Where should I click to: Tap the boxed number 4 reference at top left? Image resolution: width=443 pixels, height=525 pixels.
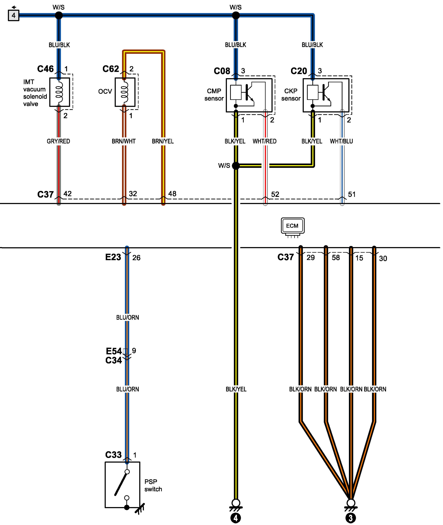(14, 16)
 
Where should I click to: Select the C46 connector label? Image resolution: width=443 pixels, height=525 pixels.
(45, 69)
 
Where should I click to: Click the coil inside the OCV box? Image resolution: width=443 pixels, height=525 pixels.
(124, 92)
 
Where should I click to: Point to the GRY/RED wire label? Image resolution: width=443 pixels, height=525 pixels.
(58, 141)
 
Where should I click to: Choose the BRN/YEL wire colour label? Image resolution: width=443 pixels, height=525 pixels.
(163, 141)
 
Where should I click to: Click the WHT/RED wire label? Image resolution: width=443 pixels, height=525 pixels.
(264, 141)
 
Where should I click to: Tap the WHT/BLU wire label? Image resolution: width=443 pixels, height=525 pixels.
(341, 141)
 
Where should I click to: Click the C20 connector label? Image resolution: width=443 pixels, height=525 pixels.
(299, 71)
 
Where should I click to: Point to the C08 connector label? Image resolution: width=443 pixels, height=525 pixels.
(222, 71)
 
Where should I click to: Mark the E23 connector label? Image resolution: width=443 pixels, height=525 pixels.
(113, 257)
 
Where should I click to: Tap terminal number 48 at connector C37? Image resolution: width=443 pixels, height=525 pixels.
(172, 194)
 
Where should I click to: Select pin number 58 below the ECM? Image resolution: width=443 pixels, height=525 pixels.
(336, 258)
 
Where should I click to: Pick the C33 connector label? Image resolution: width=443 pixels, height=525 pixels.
(113, 455)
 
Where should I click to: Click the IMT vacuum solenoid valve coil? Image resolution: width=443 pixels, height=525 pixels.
(59, 92)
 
